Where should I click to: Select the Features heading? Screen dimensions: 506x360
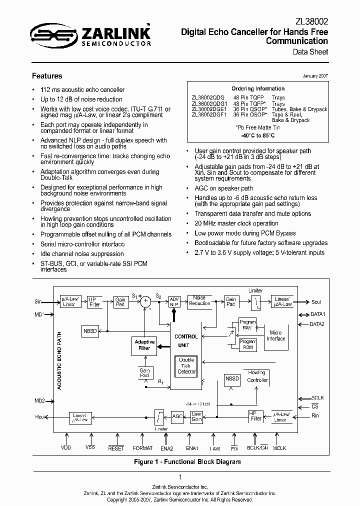click(x=47, y=76)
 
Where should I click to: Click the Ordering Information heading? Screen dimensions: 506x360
click(x=258, y=88)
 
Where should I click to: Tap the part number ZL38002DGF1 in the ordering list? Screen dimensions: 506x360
click(x=209, y=114)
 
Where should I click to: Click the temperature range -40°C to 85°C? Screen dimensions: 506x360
click(x=258, y=135)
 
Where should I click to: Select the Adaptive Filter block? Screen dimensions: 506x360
click(x=144, y=345)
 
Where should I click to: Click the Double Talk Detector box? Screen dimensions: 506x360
click(x=187, y=365)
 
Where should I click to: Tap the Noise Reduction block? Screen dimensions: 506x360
click(x=199, y=300)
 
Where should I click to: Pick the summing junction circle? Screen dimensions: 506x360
click(x=145, y=301)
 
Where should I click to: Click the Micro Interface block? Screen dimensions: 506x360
click(x=275, y=335)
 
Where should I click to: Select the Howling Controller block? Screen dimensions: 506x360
click(x=257, y=376)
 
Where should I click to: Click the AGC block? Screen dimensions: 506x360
click(x=177, y=416)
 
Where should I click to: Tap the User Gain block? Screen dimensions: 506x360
click(x=196, y=416)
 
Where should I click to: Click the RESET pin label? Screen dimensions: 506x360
click(x=116, y=448)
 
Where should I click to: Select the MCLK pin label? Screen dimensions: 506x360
click(x=279, y=448)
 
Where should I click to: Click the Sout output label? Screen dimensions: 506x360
click(x=316, y=302)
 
